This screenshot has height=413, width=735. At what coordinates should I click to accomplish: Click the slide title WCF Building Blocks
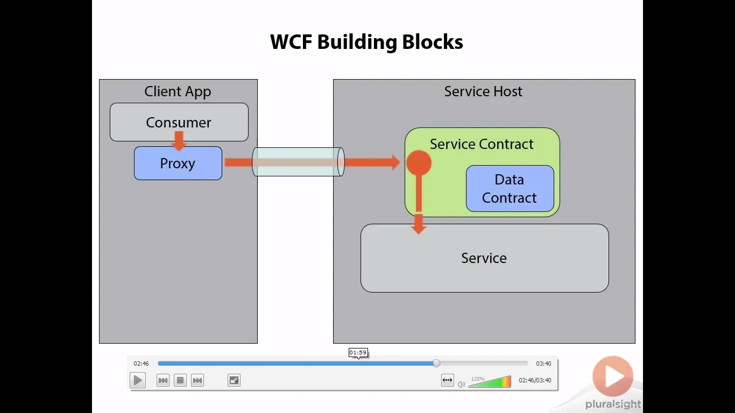pos(366,42)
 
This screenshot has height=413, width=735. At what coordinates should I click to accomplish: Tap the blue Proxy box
pos(178,163)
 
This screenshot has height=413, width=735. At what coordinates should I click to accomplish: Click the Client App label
pos(178,91)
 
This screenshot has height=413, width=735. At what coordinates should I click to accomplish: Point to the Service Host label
pos(483,91)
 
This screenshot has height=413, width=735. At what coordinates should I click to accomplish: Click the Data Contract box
pos(510,189)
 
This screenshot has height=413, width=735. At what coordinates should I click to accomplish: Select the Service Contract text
pos(482,144)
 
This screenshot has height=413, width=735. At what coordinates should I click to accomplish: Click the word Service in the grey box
pos(484,258)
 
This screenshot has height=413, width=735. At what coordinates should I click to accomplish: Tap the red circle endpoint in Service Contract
pos(419,162)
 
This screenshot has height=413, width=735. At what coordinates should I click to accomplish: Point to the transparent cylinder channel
pos(298,162)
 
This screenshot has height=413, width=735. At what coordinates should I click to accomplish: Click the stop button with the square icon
pos(180,380)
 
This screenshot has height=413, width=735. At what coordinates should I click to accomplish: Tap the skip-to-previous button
pos(163,380)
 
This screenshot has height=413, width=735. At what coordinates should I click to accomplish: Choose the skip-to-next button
pos(197,380)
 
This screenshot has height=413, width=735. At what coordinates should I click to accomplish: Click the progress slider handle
pos(436,364)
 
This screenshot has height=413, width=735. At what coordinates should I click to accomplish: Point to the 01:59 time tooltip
pos(358,353)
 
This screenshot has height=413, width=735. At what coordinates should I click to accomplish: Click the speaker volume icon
pos(461,384)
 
